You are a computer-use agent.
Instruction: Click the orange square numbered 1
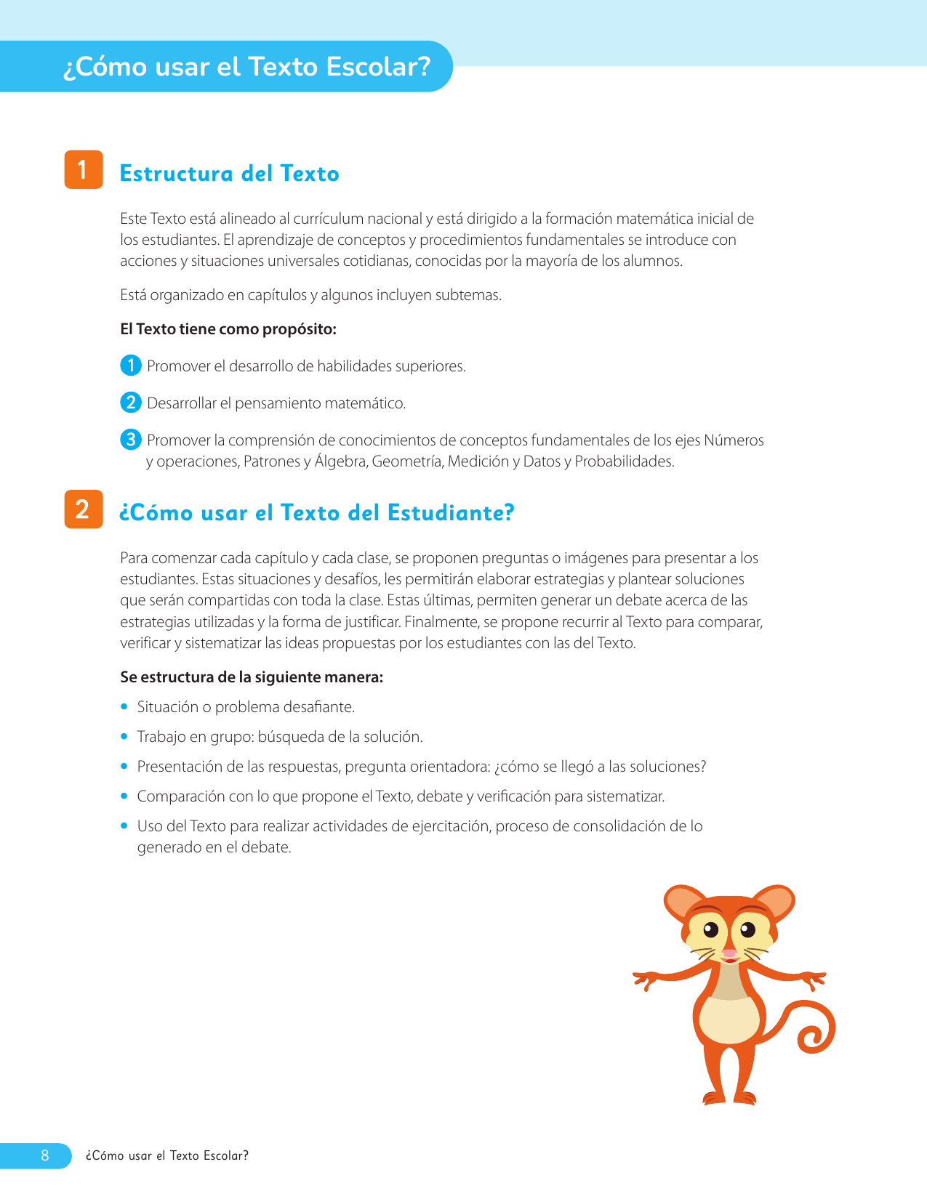click(84, 170)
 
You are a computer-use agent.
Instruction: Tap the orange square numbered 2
click(84, 509)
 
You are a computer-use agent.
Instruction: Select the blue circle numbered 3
click(130, 440)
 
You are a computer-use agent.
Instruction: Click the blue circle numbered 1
click(130, 366)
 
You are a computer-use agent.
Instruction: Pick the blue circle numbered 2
click(130, 403)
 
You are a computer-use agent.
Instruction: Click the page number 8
click(45, 1155)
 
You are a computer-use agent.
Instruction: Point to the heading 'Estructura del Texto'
click(230, 174)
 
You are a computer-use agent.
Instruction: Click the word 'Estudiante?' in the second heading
click(451, 513)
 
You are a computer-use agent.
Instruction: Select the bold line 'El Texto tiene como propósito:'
click(228, 329)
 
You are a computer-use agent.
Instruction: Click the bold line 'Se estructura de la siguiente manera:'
click(252, 677)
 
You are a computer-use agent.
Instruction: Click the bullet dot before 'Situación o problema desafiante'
click(124, 706)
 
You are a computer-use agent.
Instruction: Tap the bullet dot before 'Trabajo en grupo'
click(124, 736)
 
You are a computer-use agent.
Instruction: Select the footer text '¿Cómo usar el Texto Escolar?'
click(166, 1155)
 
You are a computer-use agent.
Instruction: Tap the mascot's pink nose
click(729, 953)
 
